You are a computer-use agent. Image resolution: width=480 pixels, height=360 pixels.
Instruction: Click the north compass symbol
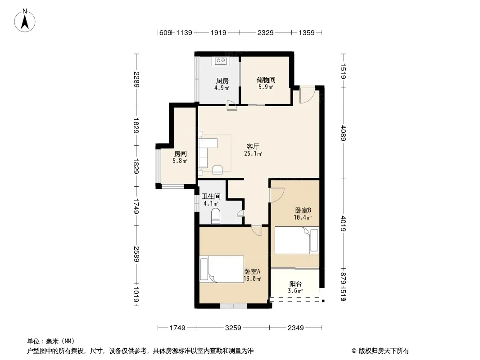[x=26, y=20]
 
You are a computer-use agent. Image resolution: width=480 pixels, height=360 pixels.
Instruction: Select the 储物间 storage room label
[x=266, y=80]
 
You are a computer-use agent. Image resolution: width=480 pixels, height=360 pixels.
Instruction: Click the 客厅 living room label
[x=253, y=147]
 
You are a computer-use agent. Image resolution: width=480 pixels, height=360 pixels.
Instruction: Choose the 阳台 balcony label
[x=295, y=284]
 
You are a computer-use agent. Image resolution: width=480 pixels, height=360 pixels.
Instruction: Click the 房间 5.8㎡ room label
[x=180, y=153]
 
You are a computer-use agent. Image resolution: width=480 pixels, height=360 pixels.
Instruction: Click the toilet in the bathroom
[x=215, y=215]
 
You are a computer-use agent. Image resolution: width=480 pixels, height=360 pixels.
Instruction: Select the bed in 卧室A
[x=221, y=269]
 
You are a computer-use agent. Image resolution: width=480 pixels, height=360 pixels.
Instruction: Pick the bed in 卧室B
[x=297, y=240]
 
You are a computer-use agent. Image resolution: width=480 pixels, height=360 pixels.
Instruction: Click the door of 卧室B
[x=276, y=195]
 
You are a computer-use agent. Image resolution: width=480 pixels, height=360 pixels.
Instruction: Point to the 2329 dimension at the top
[x=265, y=32]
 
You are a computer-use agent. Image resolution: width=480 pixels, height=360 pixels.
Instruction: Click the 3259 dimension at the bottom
[x=233, y=328]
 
